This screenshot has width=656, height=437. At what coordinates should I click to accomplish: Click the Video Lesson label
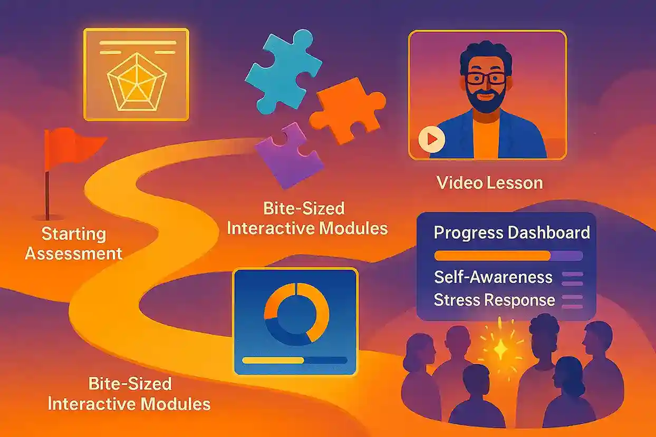[x=490, y=183]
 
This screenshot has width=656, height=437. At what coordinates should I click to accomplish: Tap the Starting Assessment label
[x=74, y=244]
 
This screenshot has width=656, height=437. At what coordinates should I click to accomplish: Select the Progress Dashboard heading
[x=512, y=232]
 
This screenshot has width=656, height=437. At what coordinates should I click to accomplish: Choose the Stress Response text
[x=494, y=300]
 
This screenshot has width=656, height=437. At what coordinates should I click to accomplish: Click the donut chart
[x=296, y=314]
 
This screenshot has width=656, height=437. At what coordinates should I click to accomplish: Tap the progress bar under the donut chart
[x=294, y=361]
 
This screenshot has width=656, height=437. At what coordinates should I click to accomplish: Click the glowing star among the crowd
[x=499, y=347]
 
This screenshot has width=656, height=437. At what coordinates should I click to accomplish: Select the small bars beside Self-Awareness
[x=573, y=278]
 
